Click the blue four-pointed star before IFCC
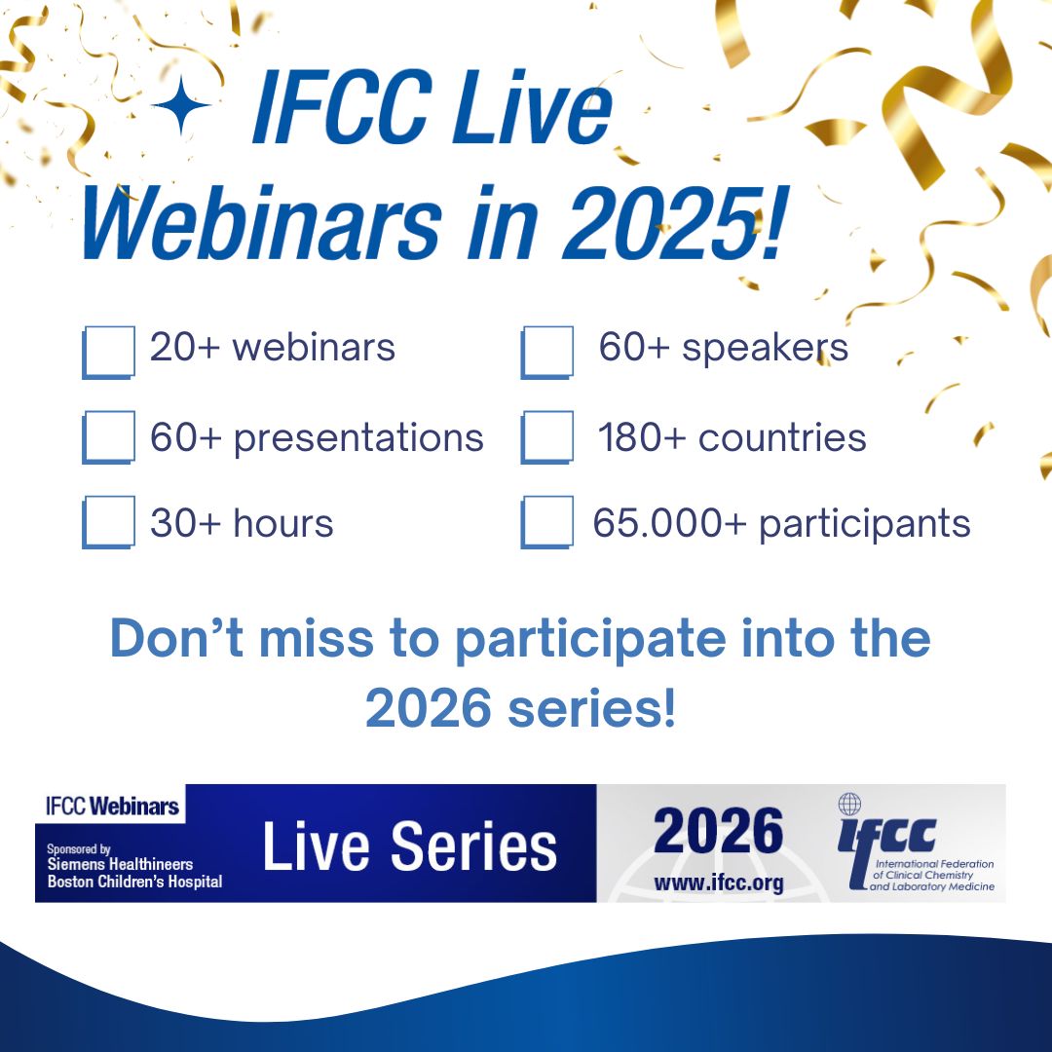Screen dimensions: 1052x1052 pos(181,108)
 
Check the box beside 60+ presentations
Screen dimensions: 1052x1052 pos(108,437)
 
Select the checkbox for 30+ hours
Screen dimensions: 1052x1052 pos(108,523)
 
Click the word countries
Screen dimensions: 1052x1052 pos(782,438)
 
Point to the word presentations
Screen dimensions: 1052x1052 pos(358,438)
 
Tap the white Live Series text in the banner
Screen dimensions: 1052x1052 pos(409,845)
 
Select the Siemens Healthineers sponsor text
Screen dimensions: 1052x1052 pos(120,864)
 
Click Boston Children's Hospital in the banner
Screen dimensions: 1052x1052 pos(134,882)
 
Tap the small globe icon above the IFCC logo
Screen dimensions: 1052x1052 pos(850,805)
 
